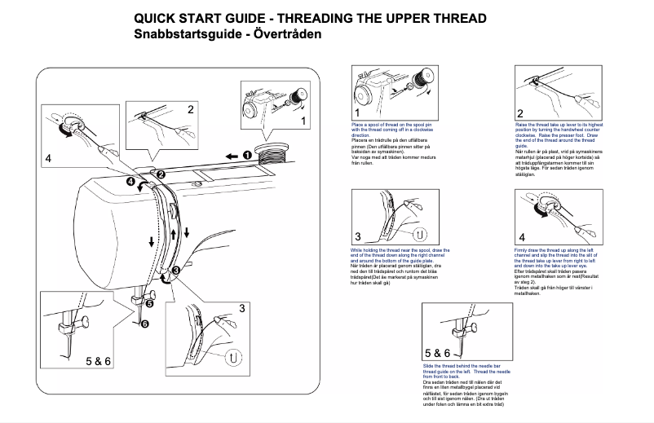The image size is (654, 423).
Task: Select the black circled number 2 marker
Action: (161, 174)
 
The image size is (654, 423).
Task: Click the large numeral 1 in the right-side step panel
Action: (357, 113)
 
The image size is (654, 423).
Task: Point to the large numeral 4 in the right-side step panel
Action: (522, 236)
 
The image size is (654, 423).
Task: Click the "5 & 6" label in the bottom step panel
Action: (437, 353)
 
